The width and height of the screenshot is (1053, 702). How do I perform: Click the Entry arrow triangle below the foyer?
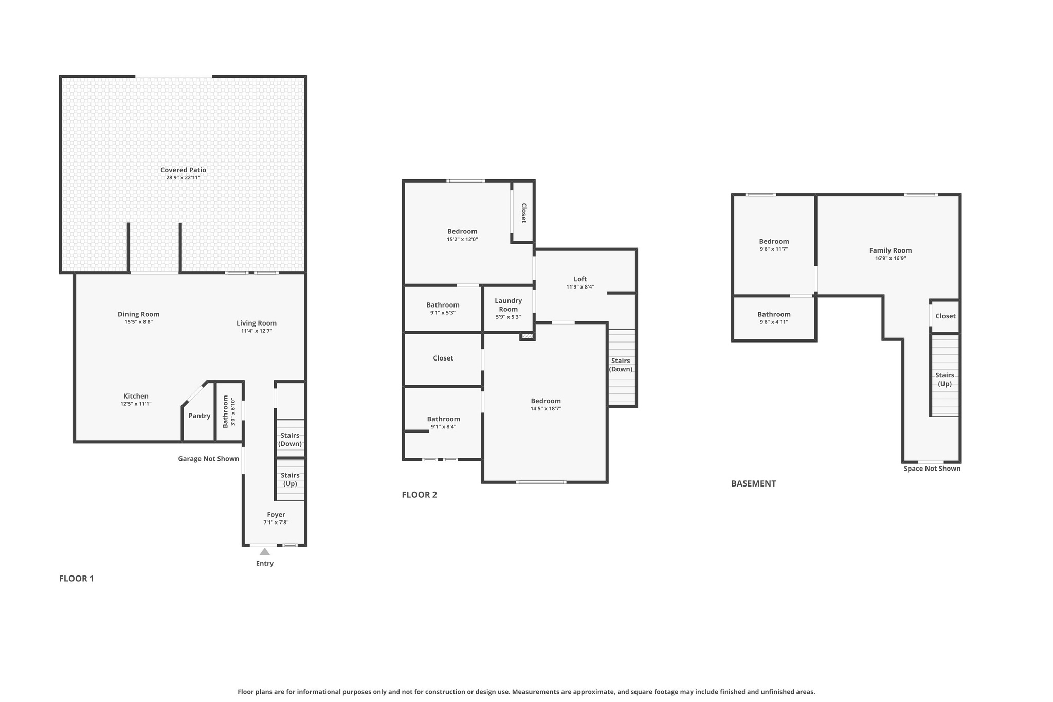click(264, 552)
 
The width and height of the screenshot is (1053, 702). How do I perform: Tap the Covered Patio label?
click(183, 170)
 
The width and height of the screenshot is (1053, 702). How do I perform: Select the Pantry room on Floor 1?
click(199, 416)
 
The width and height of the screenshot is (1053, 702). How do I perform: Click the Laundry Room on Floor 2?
click(508, 305)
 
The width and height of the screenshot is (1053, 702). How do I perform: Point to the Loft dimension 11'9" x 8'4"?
click(580, 287)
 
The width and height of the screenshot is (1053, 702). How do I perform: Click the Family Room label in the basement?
click(890, 250)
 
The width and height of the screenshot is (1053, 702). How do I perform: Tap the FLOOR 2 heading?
click(419, 495)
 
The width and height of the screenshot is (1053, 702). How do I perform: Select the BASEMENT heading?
click(753, 483)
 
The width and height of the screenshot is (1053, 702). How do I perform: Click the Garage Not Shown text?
click(208, 459)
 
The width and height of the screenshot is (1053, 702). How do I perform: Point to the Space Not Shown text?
click(932, 469)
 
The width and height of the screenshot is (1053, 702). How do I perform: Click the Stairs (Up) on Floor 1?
click(290, 479)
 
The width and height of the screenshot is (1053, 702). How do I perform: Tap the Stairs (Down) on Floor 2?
click(621, 365)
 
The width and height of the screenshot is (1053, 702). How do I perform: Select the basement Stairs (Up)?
click(945, 379)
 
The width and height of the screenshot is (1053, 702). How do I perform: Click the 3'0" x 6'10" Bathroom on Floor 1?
click(228, 411)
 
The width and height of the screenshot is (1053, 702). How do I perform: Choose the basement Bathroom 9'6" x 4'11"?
click(773, 318)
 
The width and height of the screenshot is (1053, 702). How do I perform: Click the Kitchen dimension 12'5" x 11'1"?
click(136, 404)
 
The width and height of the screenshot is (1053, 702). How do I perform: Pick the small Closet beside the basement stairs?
click(945, 316)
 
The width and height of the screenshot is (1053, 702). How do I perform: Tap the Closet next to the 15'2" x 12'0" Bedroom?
click(523, 212)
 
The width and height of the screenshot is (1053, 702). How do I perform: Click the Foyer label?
click(276, 515)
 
